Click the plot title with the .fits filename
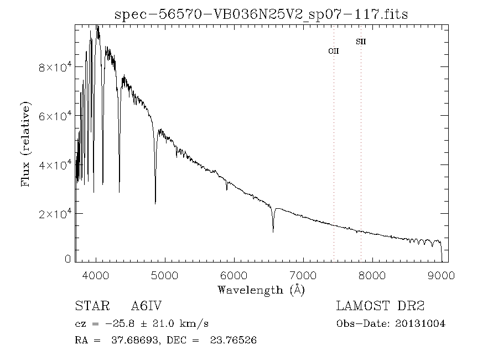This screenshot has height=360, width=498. (261, 14)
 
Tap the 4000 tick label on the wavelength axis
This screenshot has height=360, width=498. (96, 275)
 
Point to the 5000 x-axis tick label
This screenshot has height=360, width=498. (165, 275)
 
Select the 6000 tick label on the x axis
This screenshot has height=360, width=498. (235, 275)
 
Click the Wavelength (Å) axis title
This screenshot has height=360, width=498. (261, 290)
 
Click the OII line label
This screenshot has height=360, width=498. (334, 51)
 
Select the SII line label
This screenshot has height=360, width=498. (361, 42)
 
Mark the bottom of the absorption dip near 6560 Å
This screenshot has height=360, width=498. (273, 231)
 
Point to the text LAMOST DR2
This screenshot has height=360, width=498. (380, 306)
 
